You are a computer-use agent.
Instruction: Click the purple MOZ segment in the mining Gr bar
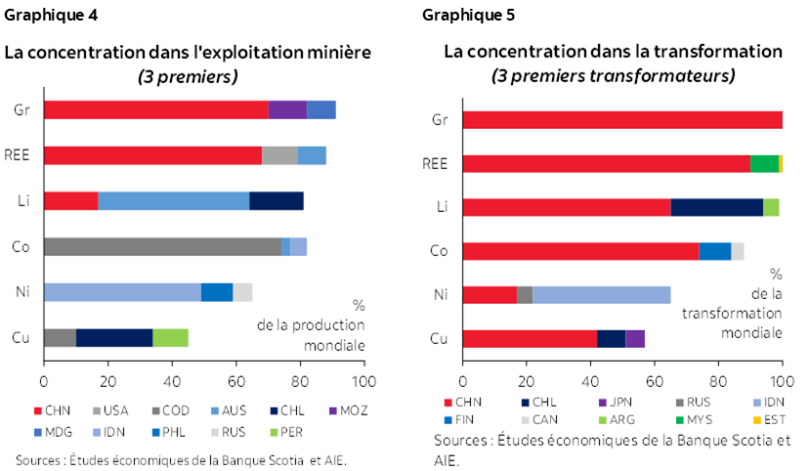[287, 109]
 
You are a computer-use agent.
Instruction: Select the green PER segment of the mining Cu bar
[170, 337]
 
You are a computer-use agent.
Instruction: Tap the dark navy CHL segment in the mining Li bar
[277, 200]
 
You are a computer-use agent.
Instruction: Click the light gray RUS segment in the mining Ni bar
[242, 291]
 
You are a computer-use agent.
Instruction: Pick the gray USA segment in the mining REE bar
[279, 155]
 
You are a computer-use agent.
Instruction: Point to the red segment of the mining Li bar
[70, 200]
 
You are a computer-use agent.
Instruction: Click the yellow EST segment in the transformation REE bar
[781, 163]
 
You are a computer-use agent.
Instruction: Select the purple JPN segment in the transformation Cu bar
[635, 338]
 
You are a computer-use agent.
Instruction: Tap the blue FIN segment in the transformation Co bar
[715, 250]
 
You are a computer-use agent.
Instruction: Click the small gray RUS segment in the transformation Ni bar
[525, 294]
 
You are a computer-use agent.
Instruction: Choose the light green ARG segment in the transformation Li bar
[771, 207]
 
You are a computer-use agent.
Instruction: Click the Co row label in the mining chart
[20, 246]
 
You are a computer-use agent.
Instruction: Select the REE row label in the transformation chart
[439, 163]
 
